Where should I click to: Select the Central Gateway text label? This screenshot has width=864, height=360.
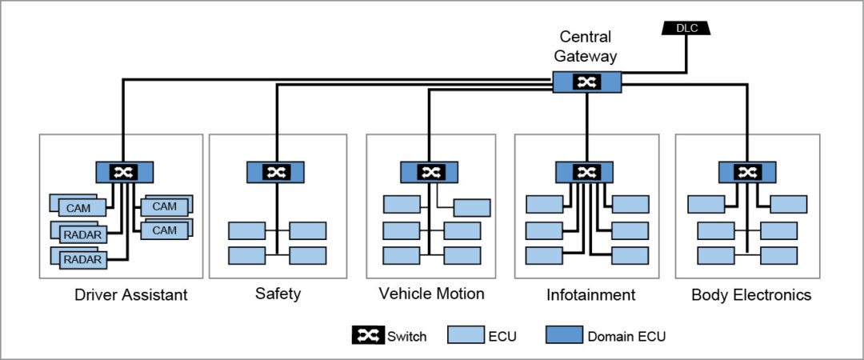coord(585,46)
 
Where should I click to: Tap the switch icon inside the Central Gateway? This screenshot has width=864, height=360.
coord(587,82)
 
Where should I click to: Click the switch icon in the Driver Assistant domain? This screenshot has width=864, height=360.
coord(124,172)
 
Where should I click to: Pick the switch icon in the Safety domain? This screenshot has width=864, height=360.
coord(276,172)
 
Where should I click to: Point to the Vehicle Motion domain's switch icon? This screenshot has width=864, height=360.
coord(430,172)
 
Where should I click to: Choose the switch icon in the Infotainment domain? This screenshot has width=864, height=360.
coord(587,172)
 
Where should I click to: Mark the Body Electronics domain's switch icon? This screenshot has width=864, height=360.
coord(747,172)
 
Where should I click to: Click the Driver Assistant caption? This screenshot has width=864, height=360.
coord(130,295)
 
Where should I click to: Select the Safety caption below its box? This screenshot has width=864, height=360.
coord(278,294)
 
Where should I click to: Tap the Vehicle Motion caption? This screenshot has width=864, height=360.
coord(431,294)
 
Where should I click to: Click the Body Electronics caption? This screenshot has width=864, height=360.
coord(750,295)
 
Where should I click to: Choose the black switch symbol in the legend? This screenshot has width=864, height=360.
coord(367,336)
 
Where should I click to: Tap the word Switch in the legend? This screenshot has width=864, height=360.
coord(408,337)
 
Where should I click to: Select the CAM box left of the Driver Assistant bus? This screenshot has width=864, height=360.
coord(78,208)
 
